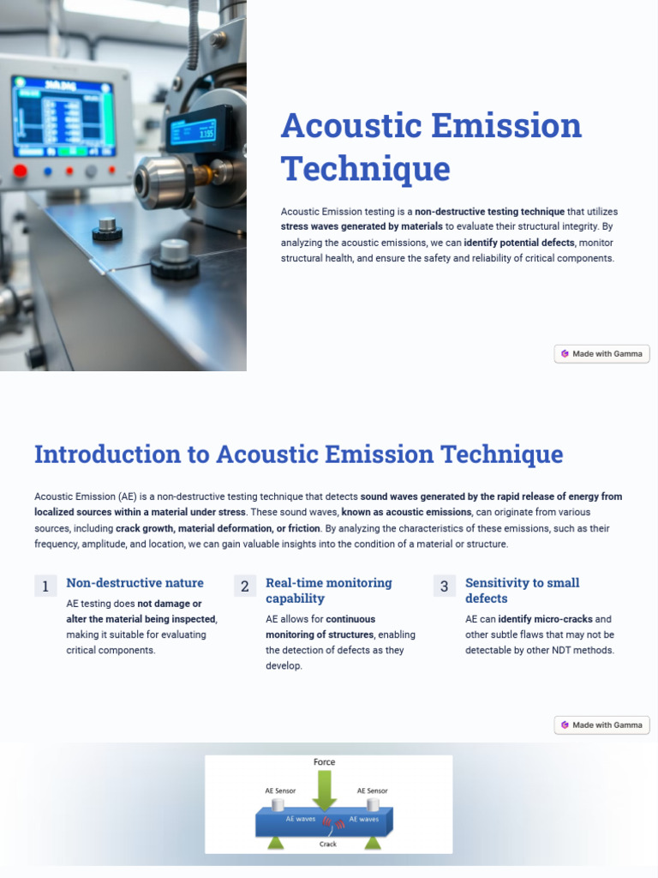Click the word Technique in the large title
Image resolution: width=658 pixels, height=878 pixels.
click(365, 168)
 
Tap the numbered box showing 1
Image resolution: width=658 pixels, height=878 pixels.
click(45, 586)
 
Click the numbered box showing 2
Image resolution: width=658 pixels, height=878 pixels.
click(244, 586)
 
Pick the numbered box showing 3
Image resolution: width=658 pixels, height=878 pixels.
click(444, 586)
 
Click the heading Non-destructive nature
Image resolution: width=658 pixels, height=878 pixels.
click(135, 583)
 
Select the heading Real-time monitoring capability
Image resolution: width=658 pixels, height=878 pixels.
click(328, 590)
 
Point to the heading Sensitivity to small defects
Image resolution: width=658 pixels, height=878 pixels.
click(522, 590)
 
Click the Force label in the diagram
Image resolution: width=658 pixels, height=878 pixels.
click(324, 761)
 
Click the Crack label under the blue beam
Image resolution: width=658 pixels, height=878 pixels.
click(328, 844)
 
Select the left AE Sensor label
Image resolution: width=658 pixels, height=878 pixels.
click(280, 791)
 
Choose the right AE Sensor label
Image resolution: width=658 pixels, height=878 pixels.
click(372, 791)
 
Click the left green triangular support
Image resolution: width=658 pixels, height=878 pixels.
click(277, 843)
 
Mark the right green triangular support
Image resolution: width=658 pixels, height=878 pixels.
click(373, 843)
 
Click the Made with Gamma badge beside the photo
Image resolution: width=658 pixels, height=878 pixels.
click(601, 353)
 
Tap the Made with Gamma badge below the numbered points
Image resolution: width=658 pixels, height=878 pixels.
click(601, 725)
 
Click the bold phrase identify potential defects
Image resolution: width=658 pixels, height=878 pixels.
click(519, 243)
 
